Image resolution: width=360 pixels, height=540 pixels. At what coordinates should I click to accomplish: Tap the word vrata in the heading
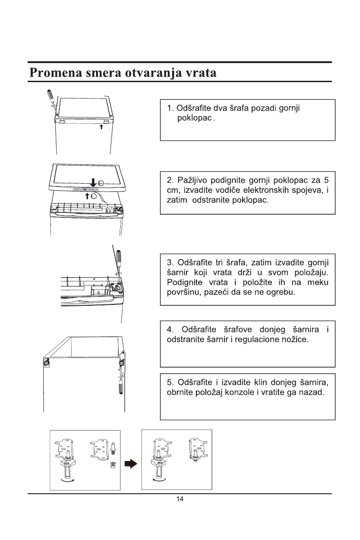coord(197,73)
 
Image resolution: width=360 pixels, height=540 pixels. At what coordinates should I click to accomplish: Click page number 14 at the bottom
coord(180,500)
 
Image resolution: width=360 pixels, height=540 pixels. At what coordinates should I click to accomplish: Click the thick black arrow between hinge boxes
coord(131,463)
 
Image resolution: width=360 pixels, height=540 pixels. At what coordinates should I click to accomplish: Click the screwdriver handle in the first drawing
coord(49,97)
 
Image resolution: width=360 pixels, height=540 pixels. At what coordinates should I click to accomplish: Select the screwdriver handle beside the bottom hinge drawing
coord(122,389)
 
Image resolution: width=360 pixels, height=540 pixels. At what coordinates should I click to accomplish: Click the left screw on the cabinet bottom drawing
coord(46,363)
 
